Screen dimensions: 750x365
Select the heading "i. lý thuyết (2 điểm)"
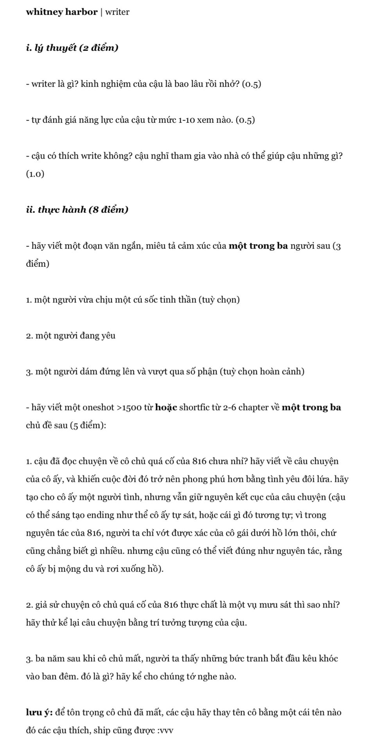click(72, 48)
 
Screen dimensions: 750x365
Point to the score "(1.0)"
click(35, 174)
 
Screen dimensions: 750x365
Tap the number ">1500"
click(129, 407)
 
